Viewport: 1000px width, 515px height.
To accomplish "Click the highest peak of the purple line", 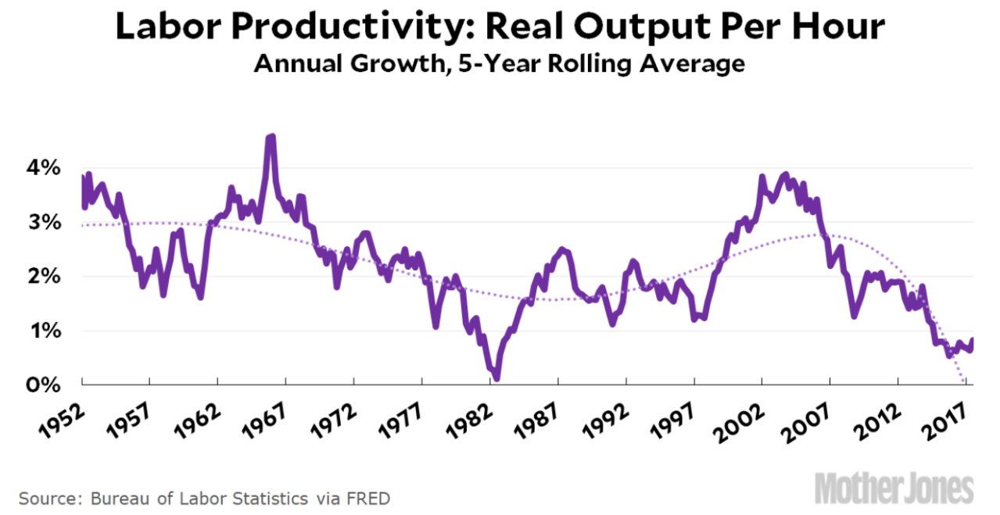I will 271,137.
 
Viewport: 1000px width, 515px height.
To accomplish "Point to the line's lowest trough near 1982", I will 496,379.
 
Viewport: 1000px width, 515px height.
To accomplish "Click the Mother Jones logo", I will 895,489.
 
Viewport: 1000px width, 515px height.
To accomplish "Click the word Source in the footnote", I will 48,498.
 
